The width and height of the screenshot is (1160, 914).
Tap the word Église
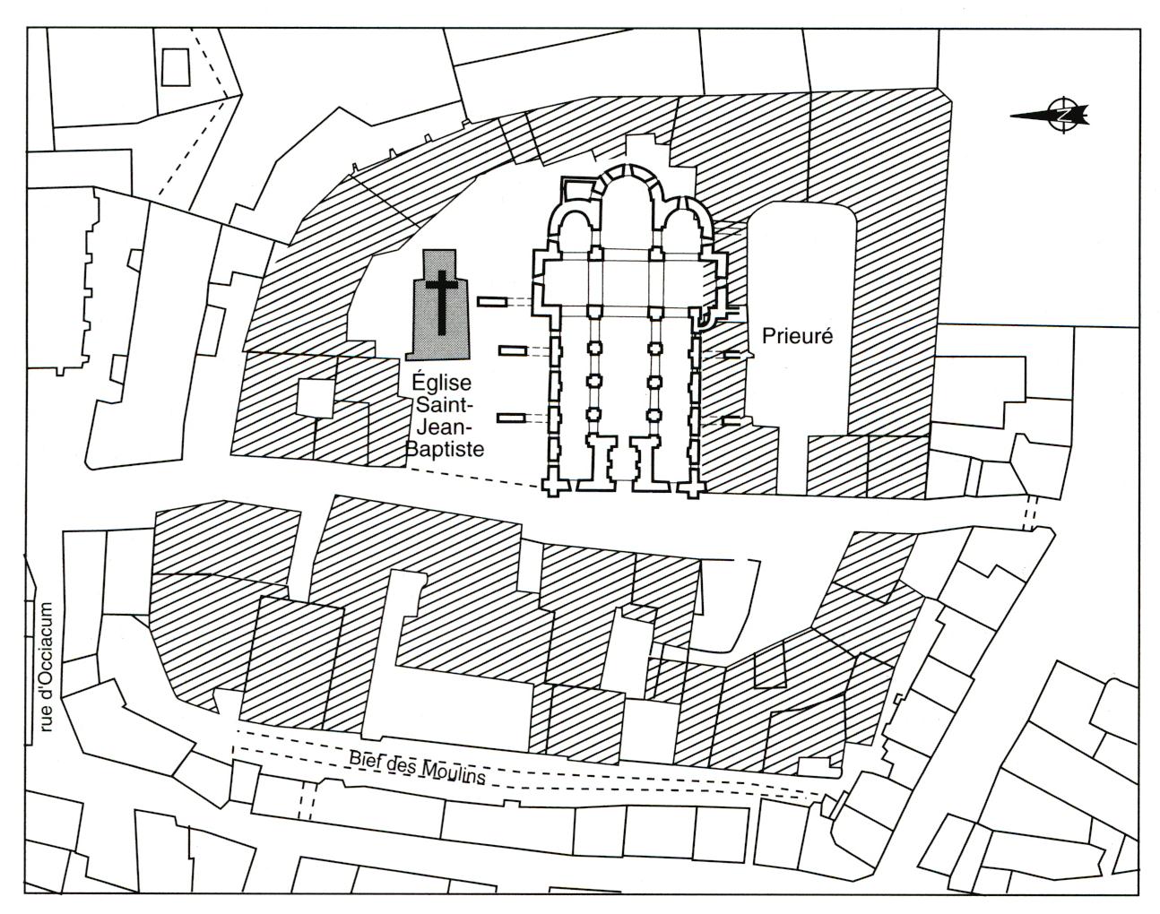click(x=441, y=384)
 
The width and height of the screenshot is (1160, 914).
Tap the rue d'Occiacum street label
click(x=48, y=668)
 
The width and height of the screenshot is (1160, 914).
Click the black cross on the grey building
click(x=441, y=302)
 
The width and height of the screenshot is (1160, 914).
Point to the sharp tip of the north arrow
click(x=1010, y=116)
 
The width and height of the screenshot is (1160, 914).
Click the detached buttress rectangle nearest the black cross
click(x=491, y=302)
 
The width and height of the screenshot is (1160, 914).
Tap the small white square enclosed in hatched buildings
click(x=316, y=398)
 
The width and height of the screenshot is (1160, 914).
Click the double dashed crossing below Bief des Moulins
click(x=307, y=801)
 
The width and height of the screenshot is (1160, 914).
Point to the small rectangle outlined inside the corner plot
click(x=176, y=66)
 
